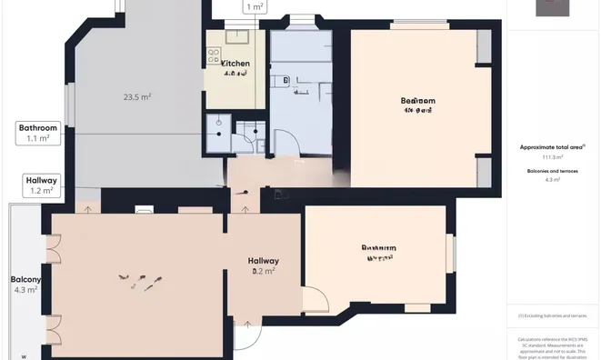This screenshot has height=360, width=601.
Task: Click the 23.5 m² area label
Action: [137, 96]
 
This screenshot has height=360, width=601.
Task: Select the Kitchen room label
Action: [235, 64]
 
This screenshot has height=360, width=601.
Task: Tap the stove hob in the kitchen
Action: [215, 56]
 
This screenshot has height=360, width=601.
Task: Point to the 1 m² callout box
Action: [255, 7]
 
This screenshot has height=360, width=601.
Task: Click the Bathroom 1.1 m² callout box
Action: [38, 134]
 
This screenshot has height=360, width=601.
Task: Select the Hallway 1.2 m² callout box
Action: [40, 186]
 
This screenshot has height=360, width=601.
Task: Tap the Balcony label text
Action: [25, 279]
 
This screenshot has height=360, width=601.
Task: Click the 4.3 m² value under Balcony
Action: [25, 290]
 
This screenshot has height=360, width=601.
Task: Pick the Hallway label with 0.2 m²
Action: [264, 265]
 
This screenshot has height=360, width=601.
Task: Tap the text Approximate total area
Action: [552, 146]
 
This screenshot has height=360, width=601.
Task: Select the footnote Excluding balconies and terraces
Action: [553, 315]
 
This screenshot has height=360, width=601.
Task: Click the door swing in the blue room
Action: [285, 142]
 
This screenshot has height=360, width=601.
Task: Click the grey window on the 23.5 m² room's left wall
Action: [69, 104]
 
